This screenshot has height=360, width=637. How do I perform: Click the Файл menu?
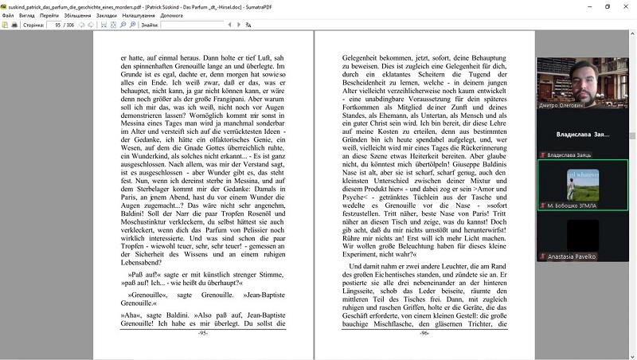click(x=8, y=14)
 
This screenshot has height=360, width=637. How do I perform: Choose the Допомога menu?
click(x=171, y=14)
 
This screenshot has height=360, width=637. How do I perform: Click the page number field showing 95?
click(x=57, y=25)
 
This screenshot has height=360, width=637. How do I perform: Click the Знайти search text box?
click(x=191, y=25)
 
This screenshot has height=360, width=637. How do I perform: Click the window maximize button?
click(x=607, y=6)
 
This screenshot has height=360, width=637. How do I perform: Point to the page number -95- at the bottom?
click(x=203, y=333)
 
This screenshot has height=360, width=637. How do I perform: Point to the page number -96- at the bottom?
click(x=424, y=333)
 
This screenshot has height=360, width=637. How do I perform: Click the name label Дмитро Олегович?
click(x=565, y=104)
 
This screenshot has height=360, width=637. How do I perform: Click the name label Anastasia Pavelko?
click(x=572, y=257)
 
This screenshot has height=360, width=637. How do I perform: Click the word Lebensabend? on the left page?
click(x=143, y=261)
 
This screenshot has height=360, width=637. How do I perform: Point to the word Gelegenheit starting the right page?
click(x=362, y=58)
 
